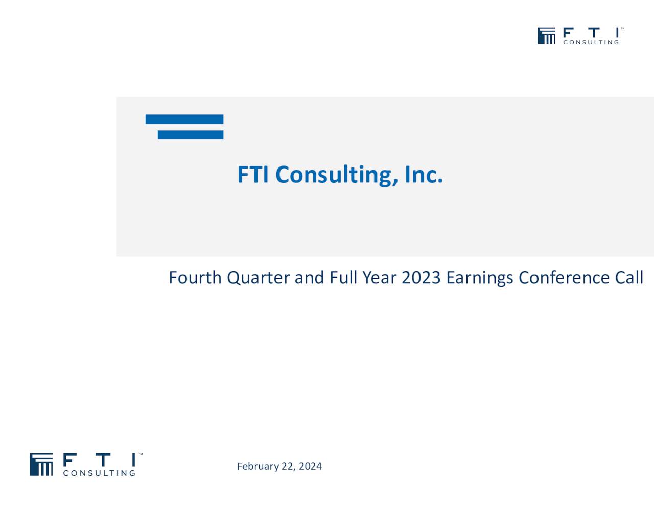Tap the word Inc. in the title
[x=424, y=175]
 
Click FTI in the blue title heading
[x=253, y=175]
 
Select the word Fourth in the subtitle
[x=195, y=278]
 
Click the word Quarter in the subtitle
[x=259, y=278]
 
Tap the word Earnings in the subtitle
[x=480, y=278]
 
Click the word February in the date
[x=258, y=466]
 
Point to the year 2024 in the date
[x=310, y=466]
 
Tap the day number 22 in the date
[x=288, y=466]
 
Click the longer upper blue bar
[x=184, y=119]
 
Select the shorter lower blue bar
[x=191, y=135]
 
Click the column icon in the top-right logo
[x=546, y=36]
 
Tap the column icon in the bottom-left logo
[x=41, y=464]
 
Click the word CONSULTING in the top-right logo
[x=591, y=42]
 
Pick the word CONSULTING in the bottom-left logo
[x=99, y=473]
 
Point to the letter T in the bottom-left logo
[x=103, y=460]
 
